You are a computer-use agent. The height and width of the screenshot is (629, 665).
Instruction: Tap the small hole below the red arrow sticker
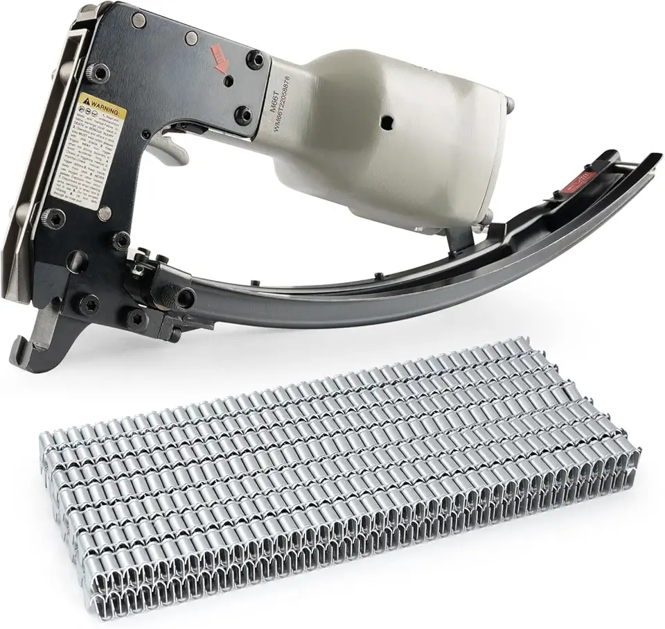pos(228,82)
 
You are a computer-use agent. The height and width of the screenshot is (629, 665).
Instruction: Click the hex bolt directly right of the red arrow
pos(256,60)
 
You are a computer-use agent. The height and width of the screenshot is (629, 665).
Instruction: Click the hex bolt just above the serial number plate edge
pos(243,114)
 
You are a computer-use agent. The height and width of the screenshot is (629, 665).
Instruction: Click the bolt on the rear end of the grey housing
pos(511,105)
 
